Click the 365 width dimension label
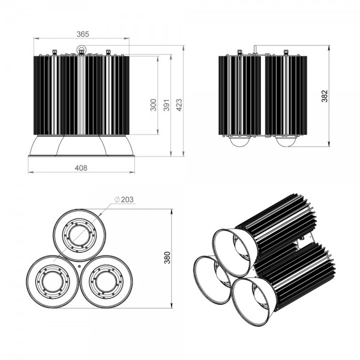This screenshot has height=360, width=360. (83, 34)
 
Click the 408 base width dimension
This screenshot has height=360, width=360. (81, 168)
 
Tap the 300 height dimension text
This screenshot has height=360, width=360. (154, 105)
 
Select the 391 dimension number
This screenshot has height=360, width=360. (166, 105)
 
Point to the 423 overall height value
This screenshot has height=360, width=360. (179, 105)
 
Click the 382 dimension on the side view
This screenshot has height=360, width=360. (325, 96)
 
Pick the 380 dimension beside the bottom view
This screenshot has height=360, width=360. (167, 257)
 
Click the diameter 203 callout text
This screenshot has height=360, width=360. (124, 200)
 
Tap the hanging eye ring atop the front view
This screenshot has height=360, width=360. (81, 49)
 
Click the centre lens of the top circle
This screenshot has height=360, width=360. (79, 236)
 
